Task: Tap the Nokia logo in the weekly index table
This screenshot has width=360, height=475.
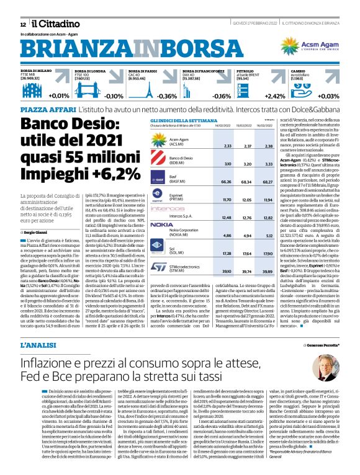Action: coord(161,224)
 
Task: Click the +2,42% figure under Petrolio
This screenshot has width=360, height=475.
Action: coord(275,96)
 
